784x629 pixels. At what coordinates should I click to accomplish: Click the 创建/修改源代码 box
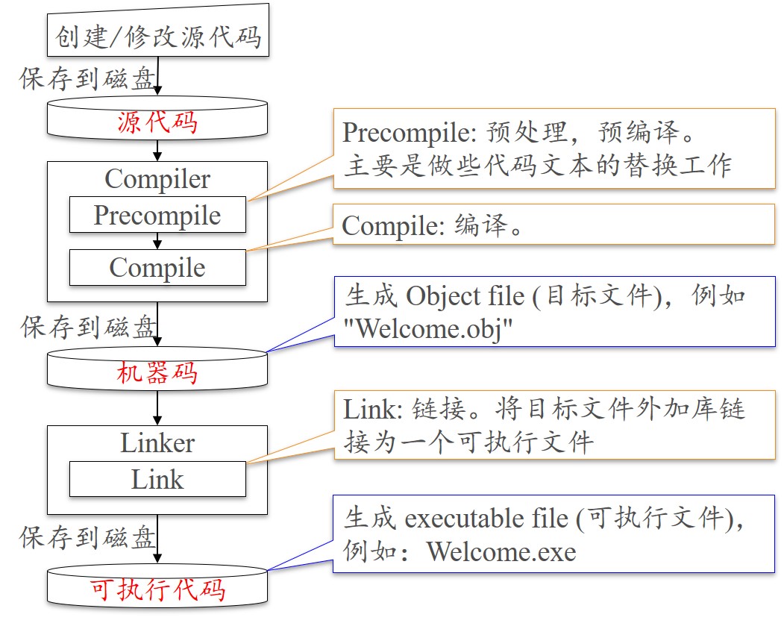pos(157,36)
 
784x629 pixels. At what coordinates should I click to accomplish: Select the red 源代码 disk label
pos(157,122)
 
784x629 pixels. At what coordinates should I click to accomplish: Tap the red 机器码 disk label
pos(157,372)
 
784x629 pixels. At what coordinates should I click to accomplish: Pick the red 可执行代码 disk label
pos(157,590)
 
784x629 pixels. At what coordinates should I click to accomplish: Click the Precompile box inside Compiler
pos(157,215)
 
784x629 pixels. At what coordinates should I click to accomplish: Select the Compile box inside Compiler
pos(157,267)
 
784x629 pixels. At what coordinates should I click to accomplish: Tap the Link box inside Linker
pos(157,479)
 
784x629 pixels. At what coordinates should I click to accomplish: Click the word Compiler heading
pos(157,178)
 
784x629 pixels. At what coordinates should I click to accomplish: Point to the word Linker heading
pos(157,442)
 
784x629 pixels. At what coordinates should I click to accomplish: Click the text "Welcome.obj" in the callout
pos(427,329)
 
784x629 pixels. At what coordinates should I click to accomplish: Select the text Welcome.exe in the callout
pos(501,552)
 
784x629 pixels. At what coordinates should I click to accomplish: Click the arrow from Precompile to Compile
pos(157,241)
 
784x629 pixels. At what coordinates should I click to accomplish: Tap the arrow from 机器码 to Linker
pos(157,408)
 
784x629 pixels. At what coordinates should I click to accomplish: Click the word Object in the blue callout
pos(443,296)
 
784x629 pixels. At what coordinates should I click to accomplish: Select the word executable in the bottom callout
pos(460,518)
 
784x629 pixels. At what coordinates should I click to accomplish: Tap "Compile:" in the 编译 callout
pos(392,226)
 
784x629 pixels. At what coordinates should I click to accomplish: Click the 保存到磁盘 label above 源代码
pos(87,78)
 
